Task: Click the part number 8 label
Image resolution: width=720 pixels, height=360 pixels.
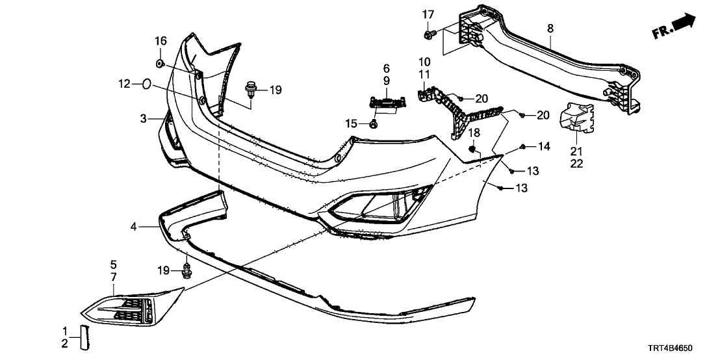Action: click(550, 28)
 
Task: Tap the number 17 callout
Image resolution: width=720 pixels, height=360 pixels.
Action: click(428, 14)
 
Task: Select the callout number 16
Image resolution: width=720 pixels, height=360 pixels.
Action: click(161, 42)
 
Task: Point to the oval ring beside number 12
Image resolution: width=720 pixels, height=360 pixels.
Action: click(147, 84)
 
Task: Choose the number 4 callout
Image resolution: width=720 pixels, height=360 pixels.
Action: click(133, 227)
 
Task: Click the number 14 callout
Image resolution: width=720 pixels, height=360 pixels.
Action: click(544, 147)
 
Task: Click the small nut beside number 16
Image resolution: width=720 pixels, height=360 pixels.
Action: click(160, 63)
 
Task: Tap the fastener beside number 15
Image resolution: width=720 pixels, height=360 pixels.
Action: click(374, 124)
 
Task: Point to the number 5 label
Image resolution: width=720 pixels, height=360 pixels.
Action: click(114, 265)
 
